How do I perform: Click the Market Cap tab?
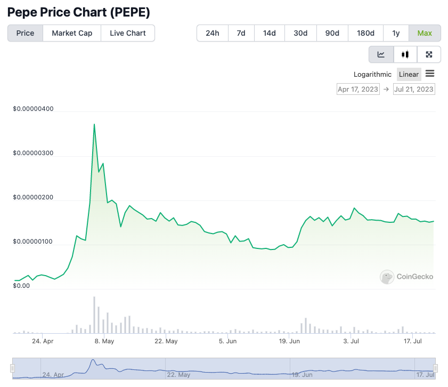72,33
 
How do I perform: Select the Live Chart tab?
128,33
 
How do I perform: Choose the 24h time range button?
213,33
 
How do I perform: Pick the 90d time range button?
332,33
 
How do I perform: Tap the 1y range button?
396,33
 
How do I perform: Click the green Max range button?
425,33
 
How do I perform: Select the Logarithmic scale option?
372,74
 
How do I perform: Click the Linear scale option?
409,74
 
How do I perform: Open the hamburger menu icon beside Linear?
430,74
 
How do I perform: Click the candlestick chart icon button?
405,54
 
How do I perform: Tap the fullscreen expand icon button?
429,54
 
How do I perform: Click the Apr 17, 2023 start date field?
358,89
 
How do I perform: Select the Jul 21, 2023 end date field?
414,89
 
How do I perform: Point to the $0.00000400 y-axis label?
33,109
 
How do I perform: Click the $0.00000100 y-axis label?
33,242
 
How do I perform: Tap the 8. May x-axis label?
104,341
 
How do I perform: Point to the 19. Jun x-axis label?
289,341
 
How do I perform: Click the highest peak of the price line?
94,124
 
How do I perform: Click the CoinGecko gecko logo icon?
387,277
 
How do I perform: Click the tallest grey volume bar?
94,315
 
